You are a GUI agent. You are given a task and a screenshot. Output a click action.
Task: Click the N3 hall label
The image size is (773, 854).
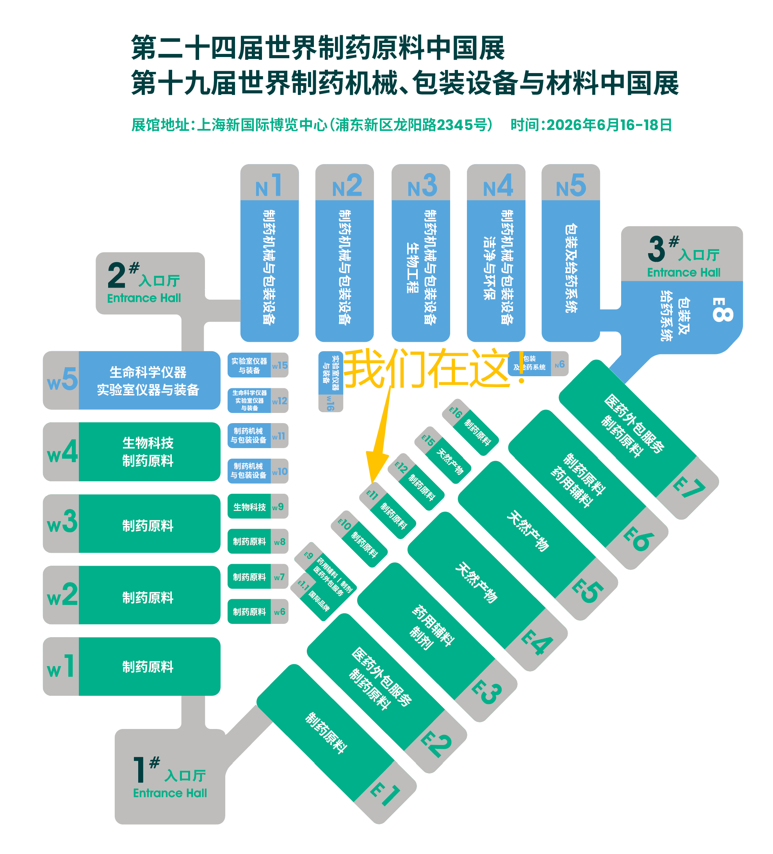[422, 186]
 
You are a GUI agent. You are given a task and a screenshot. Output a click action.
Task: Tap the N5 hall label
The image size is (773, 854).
[571, 186]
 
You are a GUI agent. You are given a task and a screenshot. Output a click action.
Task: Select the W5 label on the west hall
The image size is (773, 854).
[62, 379]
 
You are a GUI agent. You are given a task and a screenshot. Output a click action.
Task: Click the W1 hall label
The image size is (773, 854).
[61, 666]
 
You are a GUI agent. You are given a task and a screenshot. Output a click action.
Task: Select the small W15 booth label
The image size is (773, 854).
[280, 365]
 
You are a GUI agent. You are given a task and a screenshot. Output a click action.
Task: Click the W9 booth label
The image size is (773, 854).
[278, 507]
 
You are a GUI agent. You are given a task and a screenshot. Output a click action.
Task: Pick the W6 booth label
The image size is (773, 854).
[280, 612]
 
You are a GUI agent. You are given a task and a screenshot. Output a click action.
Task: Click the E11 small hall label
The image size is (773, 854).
[372, 494]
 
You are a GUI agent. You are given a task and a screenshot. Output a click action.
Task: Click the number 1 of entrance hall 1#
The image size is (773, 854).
[139, 770]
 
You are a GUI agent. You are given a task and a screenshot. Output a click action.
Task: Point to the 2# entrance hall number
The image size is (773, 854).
[116, 275]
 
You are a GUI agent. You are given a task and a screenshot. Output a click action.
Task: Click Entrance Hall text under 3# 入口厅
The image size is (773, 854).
[683, 272]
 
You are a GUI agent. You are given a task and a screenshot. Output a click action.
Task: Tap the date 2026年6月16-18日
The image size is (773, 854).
[609, 125]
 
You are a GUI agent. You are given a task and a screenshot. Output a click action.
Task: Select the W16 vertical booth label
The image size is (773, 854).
[330, 403]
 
